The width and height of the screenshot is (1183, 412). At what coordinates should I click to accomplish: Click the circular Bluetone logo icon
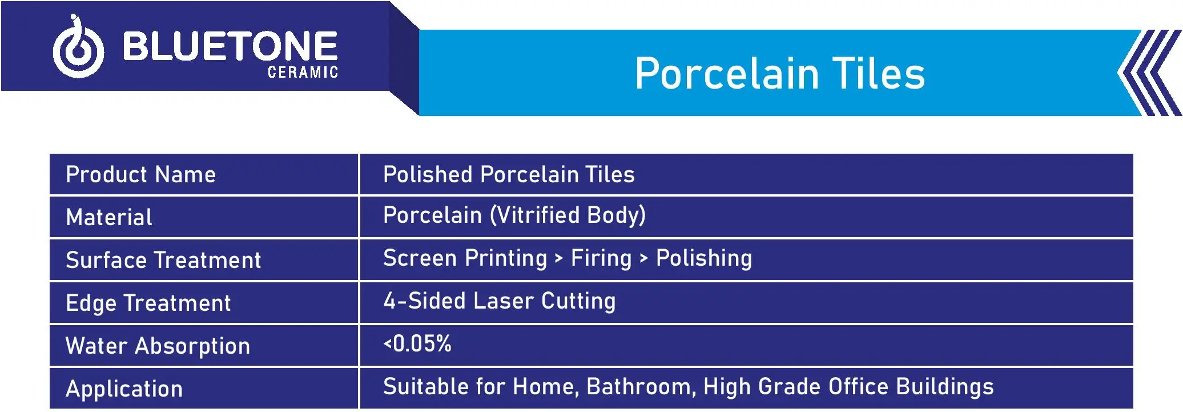click(78, 49)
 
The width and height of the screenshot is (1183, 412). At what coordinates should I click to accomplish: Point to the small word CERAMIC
click(303, 72)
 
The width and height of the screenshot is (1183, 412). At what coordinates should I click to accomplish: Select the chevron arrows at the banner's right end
click(1149, 73)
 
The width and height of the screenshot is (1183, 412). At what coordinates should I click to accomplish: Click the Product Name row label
click(140, 174)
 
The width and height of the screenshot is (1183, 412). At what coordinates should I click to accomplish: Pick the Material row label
click(109, 217)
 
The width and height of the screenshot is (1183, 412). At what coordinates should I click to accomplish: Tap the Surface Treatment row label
click(163, 260)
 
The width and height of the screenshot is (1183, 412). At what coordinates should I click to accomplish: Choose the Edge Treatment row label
click(148, 303)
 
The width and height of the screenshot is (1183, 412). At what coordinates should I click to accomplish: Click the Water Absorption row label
click(158, 346)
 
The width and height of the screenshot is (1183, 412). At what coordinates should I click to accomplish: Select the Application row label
click(124, 389)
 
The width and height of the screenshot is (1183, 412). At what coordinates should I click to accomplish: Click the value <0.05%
click(417, 343)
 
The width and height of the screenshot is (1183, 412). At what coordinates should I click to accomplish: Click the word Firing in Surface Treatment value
click(601, 258)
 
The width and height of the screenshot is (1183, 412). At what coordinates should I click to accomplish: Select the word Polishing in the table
click(704, 258)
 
